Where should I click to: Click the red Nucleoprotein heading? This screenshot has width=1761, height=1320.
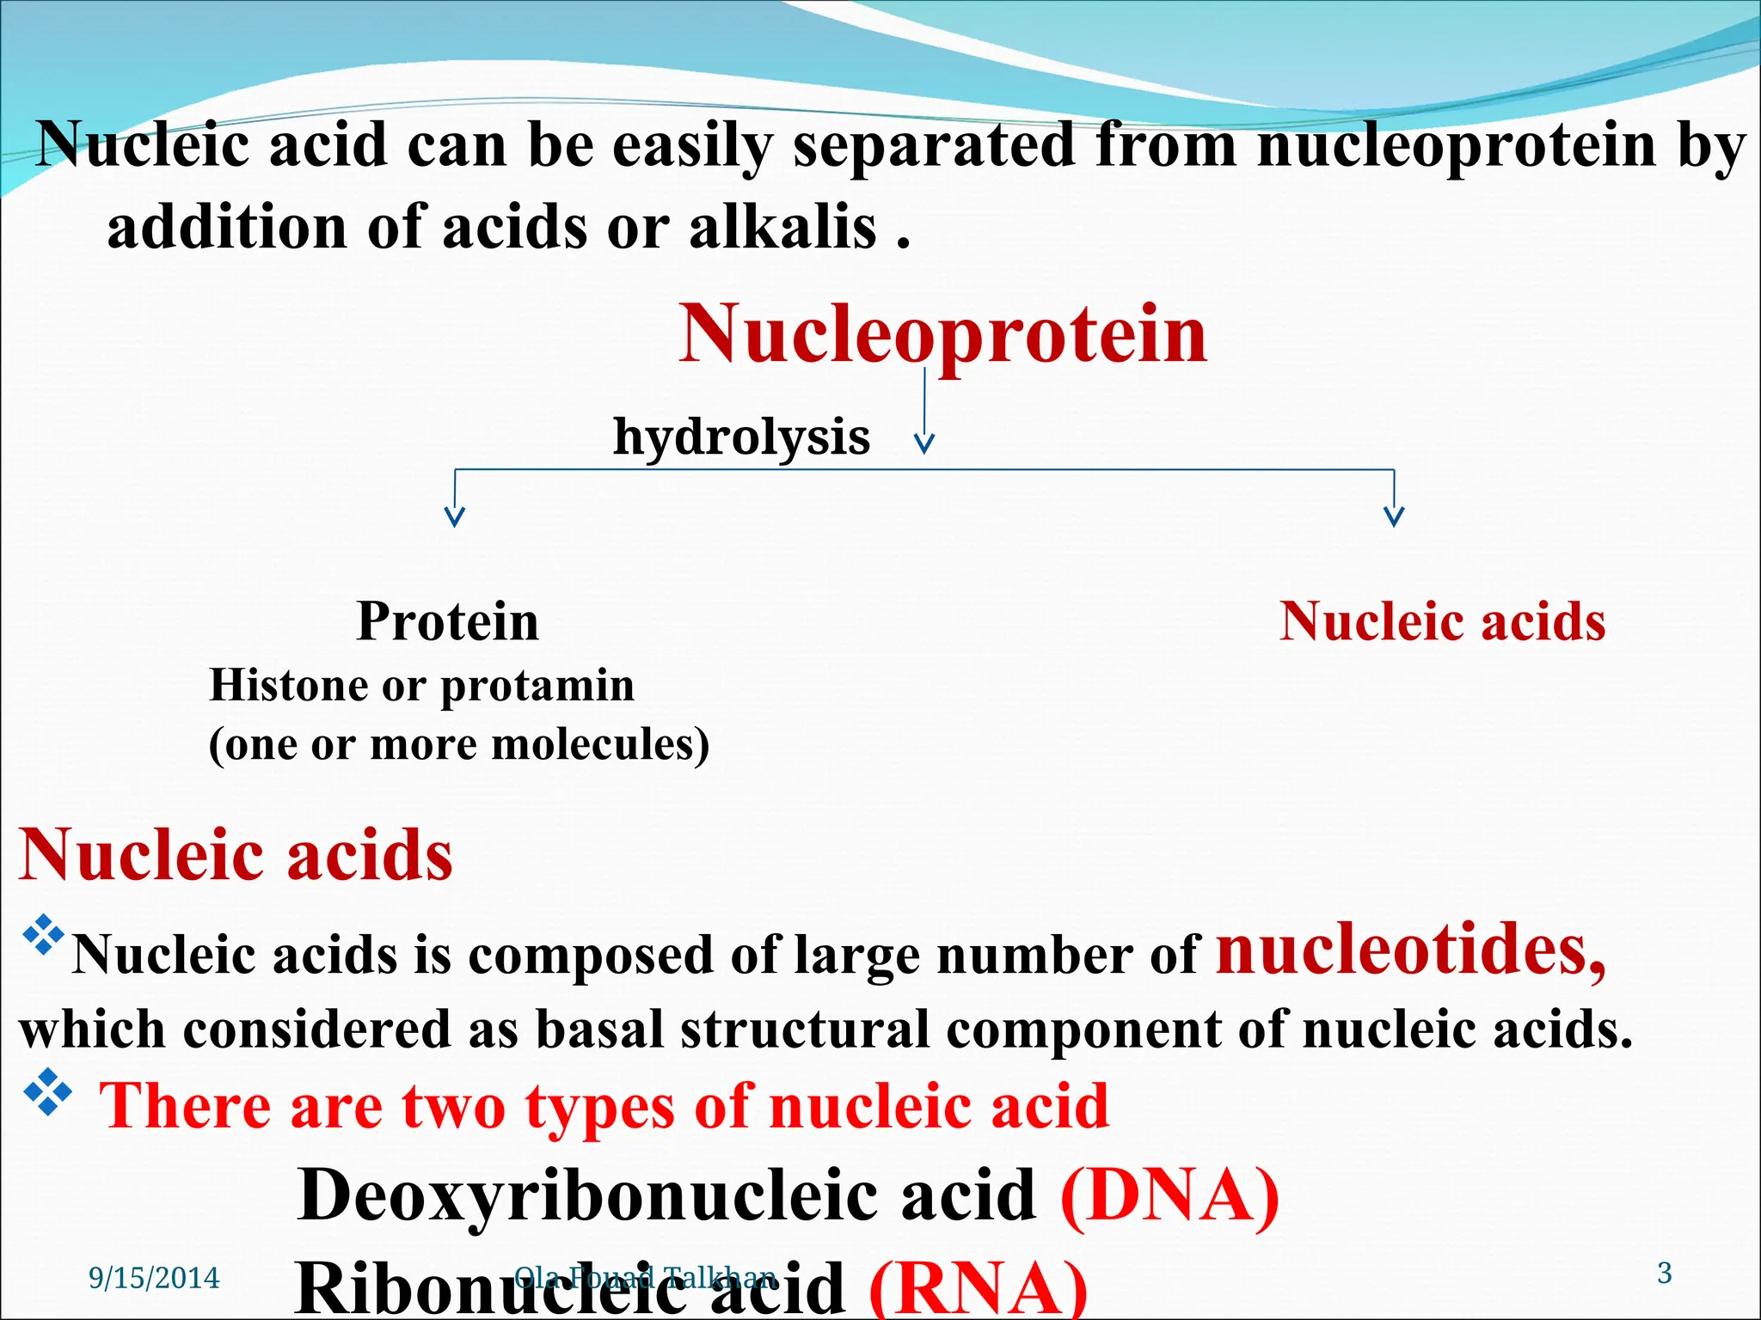point(942,335)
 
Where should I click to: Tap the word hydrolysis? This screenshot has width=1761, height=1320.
point(741,437)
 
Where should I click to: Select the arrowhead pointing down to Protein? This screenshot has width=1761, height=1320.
point(455,516)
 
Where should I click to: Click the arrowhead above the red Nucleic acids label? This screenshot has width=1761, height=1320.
point(1393,516)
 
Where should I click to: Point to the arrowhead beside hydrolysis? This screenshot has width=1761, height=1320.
point(924,443)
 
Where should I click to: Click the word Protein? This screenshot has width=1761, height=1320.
point(447,621)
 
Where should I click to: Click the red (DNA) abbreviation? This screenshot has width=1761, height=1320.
point(1169,1196)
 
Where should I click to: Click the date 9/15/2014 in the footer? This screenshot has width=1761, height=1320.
point(154,1279)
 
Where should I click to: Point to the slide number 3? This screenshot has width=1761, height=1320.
point(1664,1273)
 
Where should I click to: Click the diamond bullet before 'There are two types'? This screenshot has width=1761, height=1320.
point(48,1092)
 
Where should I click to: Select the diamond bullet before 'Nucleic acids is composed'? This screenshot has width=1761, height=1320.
point(43,938)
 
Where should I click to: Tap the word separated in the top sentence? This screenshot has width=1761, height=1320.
point(934,146)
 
